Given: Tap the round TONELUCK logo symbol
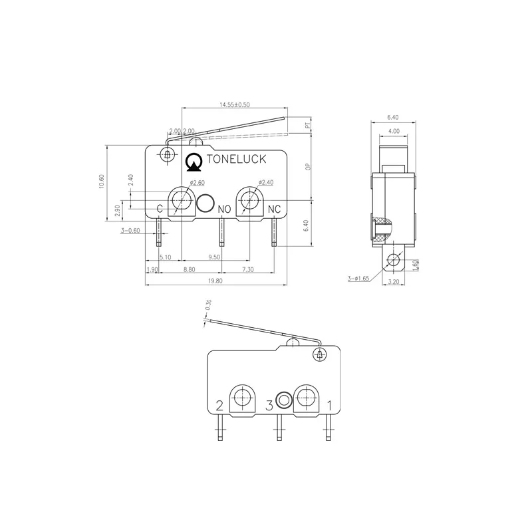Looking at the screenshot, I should pos(194,160).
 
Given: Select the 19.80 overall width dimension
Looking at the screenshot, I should pos(215,281).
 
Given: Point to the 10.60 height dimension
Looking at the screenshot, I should pos(101,182).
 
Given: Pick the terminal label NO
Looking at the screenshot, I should pos(225,209).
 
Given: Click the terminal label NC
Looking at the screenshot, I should pos(274,209).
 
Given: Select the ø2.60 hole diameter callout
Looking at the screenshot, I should pos(197,183).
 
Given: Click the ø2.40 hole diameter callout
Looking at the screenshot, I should pos(265,182).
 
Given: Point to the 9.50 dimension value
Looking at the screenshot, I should pos(214,257).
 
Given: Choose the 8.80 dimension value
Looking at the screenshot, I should pos(189,269).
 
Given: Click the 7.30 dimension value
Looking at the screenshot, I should pos(247,269).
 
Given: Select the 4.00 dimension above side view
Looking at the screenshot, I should pos(394,131).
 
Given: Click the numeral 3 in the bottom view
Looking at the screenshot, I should pos(269,404).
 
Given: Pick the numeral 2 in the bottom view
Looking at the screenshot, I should pos(220,405).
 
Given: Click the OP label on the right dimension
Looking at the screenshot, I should pos(307,168).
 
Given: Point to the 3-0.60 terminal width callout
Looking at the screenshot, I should pos(130,231).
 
